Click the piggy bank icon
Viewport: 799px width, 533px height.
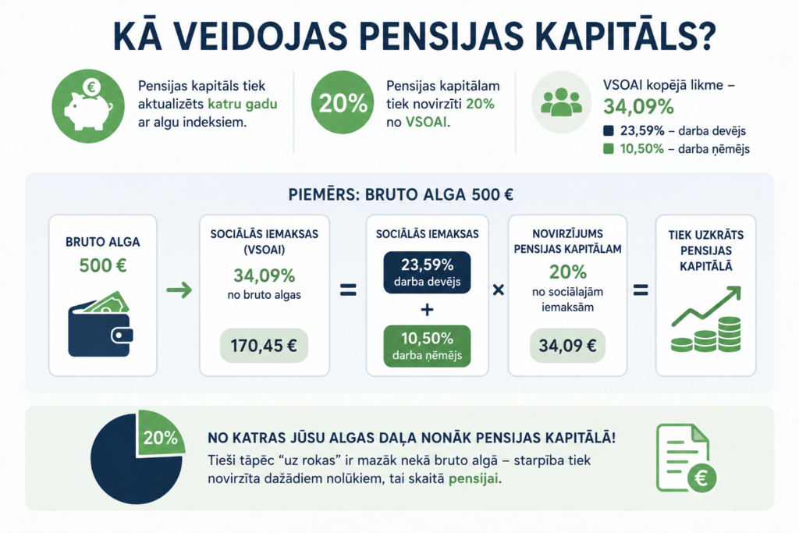(x=88, y=106)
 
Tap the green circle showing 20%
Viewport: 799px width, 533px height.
(x=343, y=102)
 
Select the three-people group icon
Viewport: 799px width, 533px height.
(x=561, y=102)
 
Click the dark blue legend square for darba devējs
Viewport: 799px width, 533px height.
(x=608, y=131)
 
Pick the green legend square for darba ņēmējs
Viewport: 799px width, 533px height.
(x=608, y=149)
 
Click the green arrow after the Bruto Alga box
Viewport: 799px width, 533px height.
(x=179, y=290)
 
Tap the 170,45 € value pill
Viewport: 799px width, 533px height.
(x=264, y=346)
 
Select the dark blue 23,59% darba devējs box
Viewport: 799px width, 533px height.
(x=427, y=272)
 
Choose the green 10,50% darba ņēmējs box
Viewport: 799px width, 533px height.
(x=427, y=346)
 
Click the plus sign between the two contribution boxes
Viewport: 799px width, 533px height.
(x=427, y=309)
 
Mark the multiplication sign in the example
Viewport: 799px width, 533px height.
(x=499, y=290)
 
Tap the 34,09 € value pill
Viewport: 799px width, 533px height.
(x=568, y=346)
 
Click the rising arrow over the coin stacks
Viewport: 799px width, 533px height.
(x=706, y=306)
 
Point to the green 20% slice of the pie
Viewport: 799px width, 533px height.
(x=158, y=433)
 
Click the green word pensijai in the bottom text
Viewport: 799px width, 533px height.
(x=474, y=479)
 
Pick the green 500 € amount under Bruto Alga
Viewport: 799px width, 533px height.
(x=103, y=265)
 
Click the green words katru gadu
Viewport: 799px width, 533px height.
(x=243, y=105)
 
